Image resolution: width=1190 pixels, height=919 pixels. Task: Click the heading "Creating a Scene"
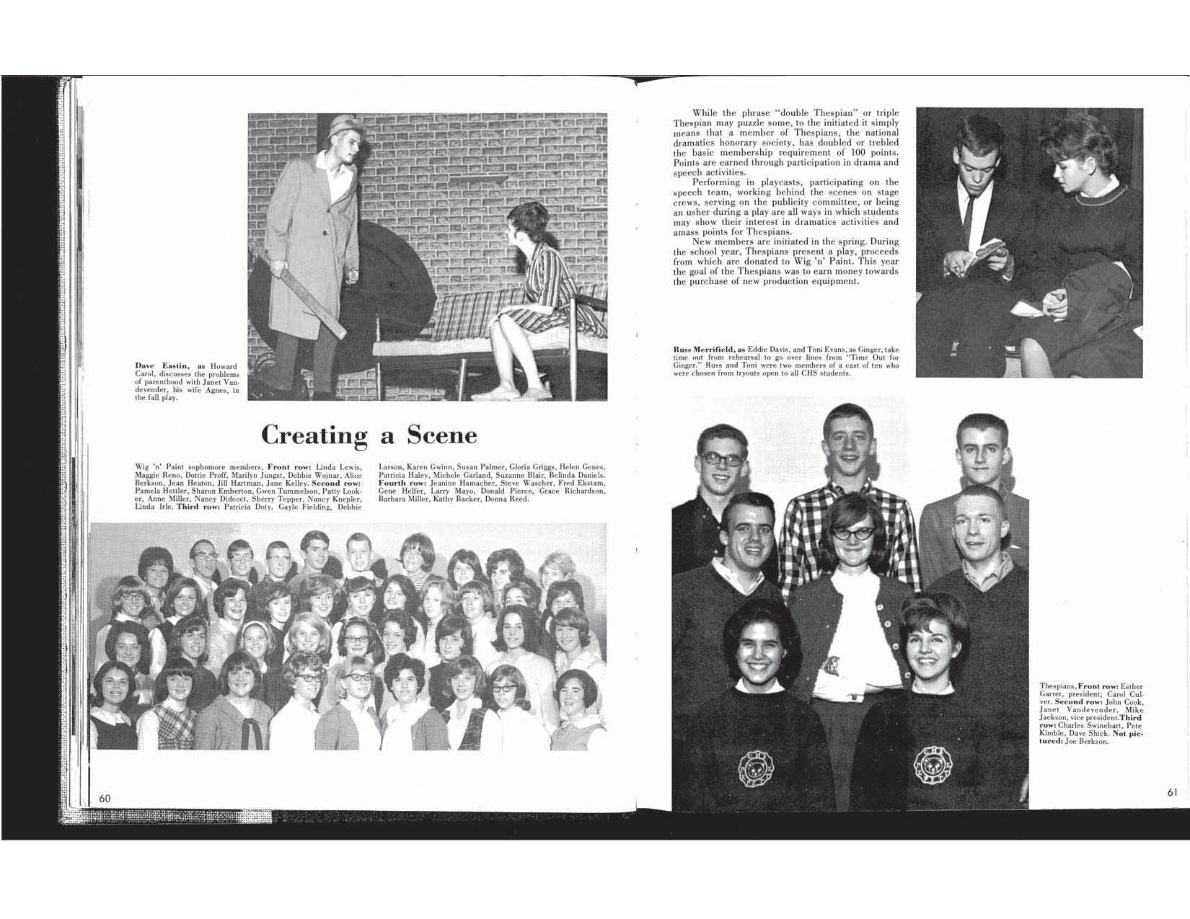[x=369, y=435]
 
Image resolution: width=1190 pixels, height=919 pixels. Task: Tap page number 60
[x=105, y=798]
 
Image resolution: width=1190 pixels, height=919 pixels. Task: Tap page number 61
[x=1172, y=792]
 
